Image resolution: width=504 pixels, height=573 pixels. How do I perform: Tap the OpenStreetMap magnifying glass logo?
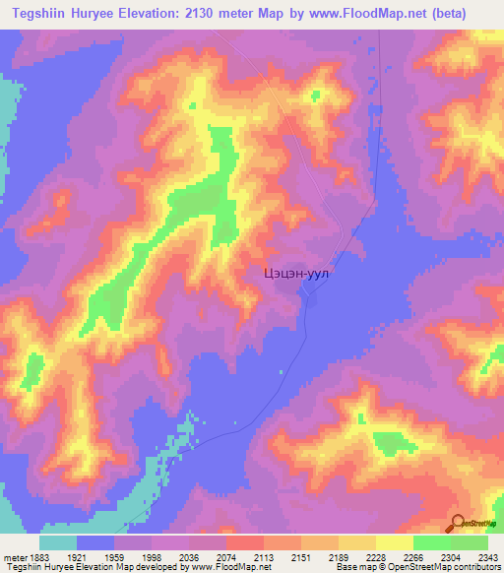(x=458, y=522)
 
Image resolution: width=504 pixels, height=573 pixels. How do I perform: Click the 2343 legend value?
(x=489, y=557)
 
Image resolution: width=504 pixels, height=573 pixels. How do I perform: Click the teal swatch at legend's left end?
(x=58, y=542)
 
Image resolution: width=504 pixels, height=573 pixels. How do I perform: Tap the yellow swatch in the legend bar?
(x=394, y=542)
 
